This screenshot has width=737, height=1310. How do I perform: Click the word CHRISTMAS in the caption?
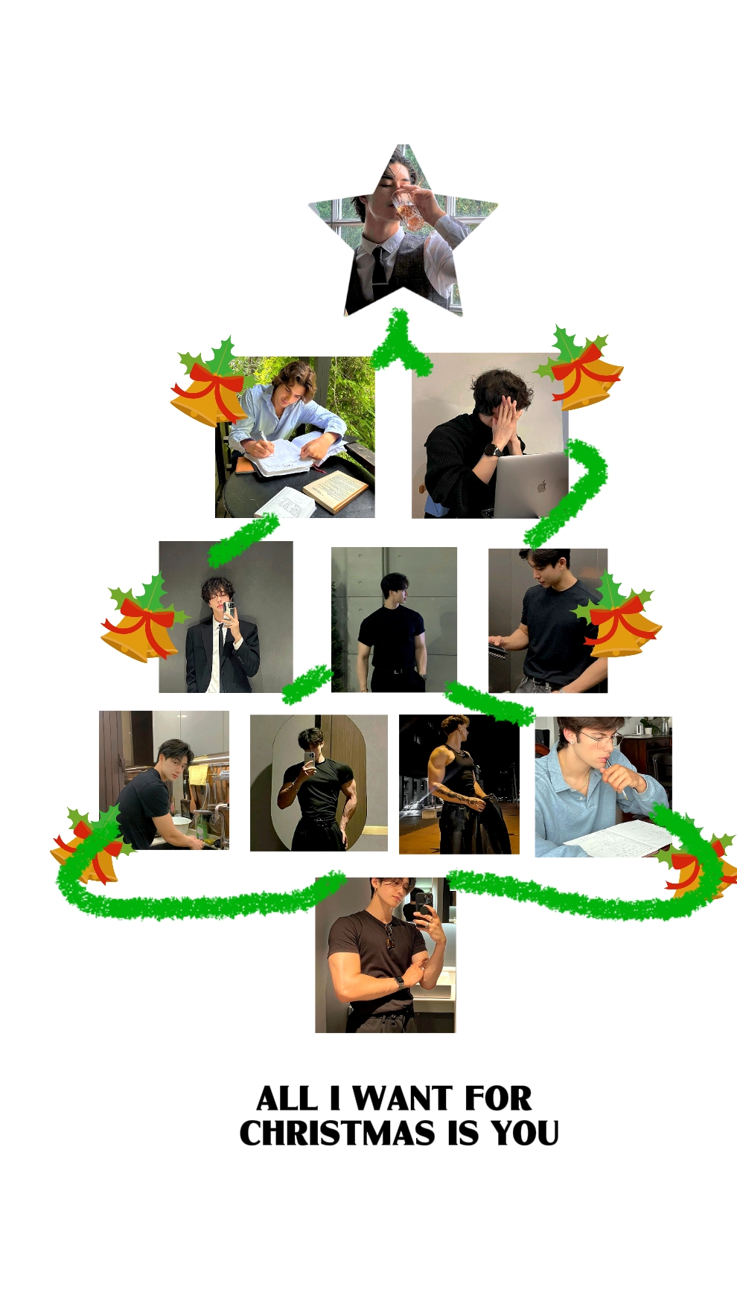337,1133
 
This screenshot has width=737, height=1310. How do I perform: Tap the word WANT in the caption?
402,1099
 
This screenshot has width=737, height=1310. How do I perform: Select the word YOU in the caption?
525,1133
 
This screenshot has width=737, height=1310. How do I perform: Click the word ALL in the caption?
287,1099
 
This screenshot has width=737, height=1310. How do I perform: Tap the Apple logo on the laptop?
541,487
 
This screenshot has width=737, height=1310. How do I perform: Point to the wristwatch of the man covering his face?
492,450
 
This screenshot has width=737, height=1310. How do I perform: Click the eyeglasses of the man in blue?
600,740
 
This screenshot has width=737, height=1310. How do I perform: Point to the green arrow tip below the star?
398,314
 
